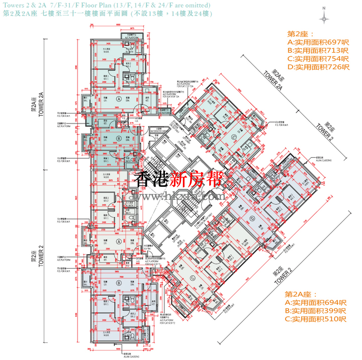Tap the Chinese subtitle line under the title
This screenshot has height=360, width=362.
click(x=107, y=14)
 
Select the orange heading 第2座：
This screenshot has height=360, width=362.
click(x=300, y=34)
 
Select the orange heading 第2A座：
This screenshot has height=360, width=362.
click(x=302, y=294)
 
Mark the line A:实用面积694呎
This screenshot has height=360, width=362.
click(x=316, y=303)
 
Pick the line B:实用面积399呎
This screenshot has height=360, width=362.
click(x=316, y=311)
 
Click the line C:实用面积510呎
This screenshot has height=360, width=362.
click(x=316, y=319)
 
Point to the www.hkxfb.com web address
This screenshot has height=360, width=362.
click(x=181, y=197)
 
